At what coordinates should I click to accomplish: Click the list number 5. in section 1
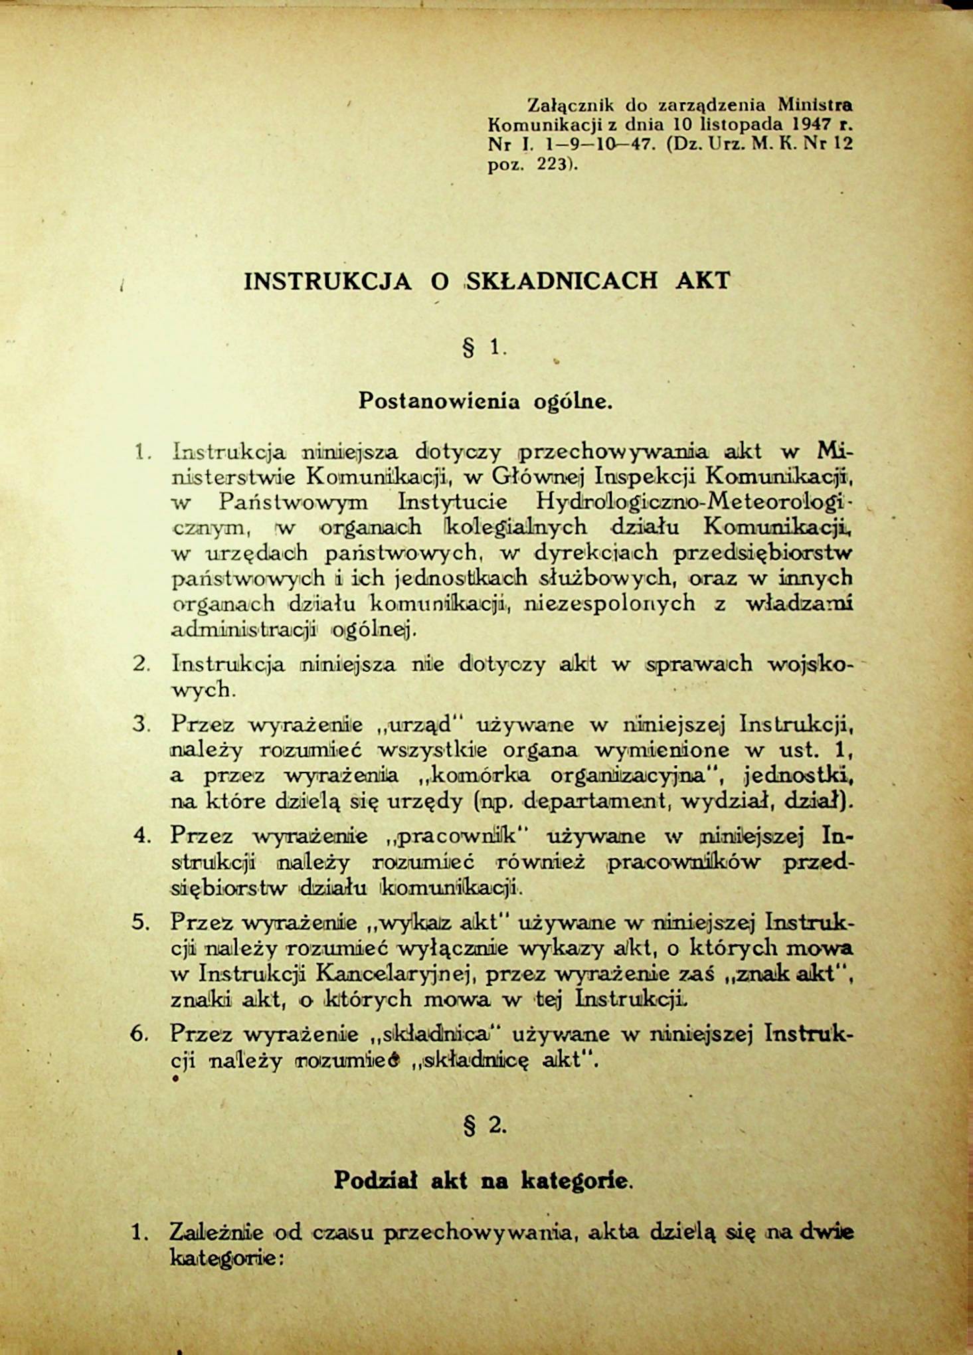pyautogui.click(x=141, y=922)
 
